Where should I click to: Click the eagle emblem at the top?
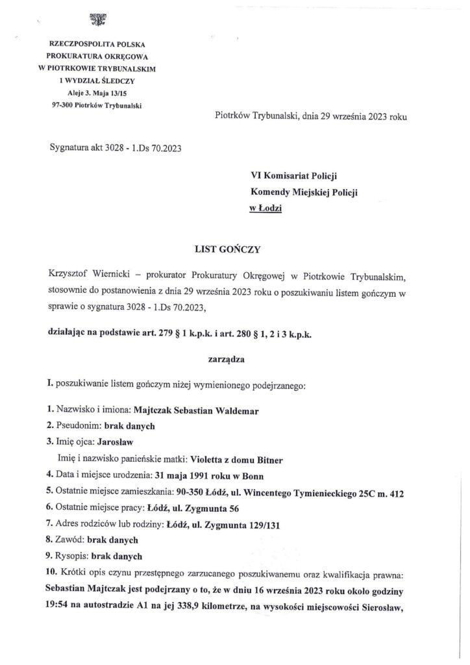coord(98,21)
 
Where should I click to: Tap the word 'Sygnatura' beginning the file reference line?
coord(71,148)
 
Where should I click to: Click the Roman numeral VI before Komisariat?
coord(257,175)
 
